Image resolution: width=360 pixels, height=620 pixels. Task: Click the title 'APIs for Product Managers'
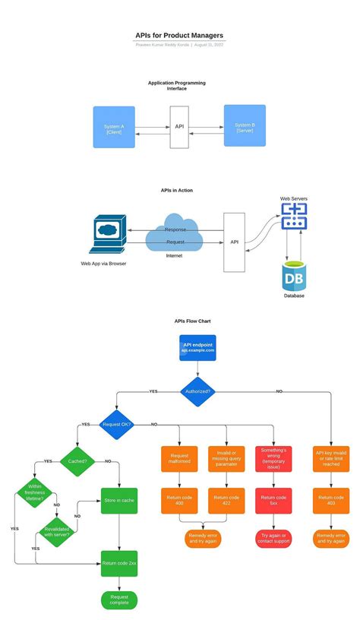(x=179, y=35)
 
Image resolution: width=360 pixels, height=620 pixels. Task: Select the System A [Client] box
(x=114, y=127)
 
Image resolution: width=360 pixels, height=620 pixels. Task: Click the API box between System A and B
(x=179, y=127)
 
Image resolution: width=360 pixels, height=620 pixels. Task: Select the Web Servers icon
(x=293, y=217)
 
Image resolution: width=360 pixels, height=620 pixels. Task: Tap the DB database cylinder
(x=294, y=277)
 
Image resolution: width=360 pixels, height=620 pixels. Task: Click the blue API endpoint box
(x=197, y=347)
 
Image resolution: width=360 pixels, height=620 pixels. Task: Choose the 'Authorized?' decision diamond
(x=197, y=392)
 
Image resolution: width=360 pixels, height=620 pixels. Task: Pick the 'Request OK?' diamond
(x=116, y=424)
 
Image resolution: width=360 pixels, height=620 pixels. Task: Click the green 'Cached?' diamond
(x=78, y=460)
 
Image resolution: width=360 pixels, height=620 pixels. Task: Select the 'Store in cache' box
(x=119, y=501)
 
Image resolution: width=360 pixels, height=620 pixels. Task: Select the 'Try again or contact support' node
(x=273, y=539)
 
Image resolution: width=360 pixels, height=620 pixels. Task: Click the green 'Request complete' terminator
(x=119, y=600)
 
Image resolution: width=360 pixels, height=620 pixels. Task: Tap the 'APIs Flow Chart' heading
(x=192, y=321)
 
